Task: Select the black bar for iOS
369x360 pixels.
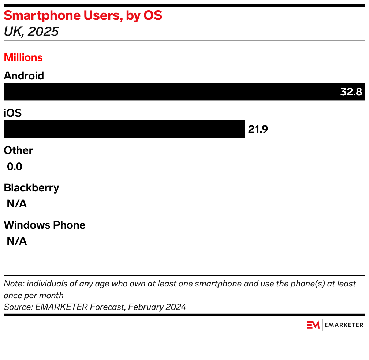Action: [124, 129]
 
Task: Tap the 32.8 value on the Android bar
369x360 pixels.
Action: [351, 92]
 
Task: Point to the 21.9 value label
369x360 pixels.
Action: [258, 129]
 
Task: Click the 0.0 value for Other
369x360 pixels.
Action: [15, 167]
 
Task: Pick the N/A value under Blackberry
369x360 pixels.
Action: [17, 204]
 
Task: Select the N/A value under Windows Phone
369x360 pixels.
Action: [17, 241]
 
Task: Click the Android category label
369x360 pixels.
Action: [24, 76]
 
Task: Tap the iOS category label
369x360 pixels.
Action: [13, 113]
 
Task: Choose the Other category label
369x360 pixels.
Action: [18, 150]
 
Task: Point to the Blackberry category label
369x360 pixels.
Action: [31, 188]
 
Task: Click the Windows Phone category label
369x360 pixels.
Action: [45, 225]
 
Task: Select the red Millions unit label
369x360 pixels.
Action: [23, 57]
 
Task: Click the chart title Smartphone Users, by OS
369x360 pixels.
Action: [83, 16]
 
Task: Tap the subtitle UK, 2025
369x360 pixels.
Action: [31, 32]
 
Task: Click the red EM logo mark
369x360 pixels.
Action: [313, 325]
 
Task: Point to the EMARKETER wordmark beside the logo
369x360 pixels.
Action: [344, 325]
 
